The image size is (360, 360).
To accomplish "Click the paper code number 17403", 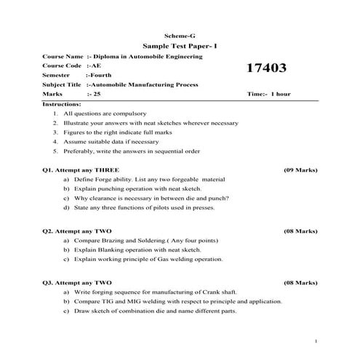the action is [267, 69].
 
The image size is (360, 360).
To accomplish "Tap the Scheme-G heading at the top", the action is [180, 34].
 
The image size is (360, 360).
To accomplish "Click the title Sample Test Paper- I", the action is [180, 45].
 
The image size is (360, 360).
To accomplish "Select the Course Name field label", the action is [63, 55].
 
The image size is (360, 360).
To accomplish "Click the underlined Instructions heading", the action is [62, 104].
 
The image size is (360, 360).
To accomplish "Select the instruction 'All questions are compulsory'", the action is [105, 114].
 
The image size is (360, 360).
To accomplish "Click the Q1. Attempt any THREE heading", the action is [80, 169].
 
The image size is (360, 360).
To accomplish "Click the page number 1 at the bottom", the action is [316, 340].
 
